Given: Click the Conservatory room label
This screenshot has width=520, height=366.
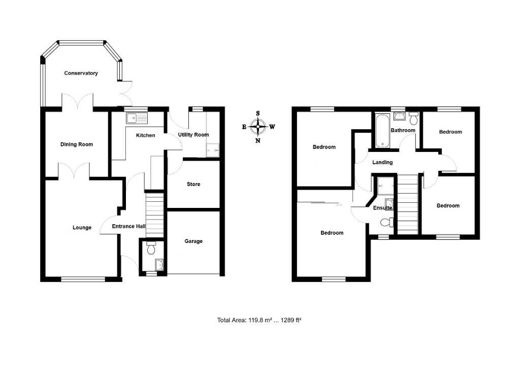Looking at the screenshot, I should (x=81, y=73).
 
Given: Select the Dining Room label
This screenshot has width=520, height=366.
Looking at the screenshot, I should (x=77, y=144).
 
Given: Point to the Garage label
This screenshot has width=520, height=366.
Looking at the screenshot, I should (x=193, y=241).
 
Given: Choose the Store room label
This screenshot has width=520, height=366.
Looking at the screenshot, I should (x=193, y=184).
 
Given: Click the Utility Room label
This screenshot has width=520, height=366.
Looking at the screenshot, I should (x=193, y=135).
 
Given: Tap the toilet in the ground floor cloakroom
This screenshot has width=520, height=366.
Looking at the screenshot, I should (x=150, y=249).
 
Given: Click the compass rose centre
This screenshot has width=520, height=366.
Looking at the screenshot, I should (x=258, y=126).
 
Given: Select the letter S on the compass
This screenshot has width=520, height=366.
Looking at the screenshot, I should (x=258, y=113).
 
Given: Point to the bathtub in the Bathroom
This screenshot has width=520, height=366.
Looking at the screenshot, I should (x=381, y=131).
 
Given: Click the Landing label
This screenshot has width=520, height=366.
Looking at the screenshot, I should (x=382, y=163).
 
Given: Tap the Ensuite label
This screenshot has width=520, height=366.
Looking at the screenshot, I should (x=382, y=208).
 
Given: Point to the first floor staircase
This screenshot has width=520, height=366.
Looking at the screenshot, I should (x=407, y=203).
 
